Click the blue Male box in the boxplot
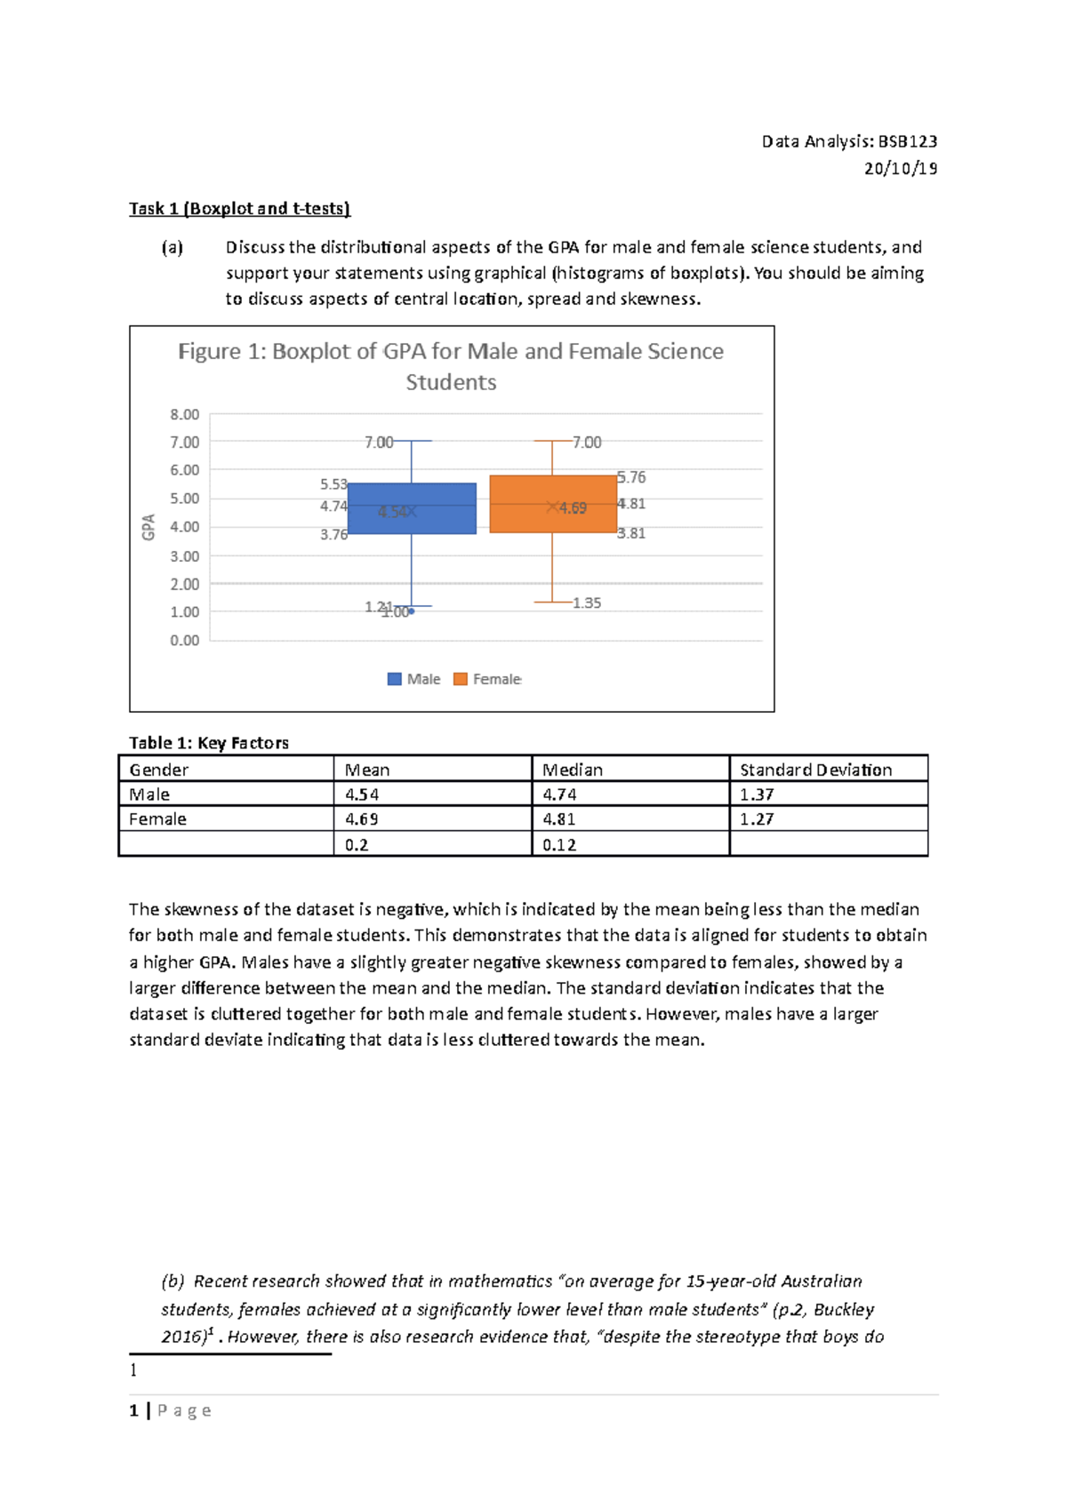(x=412, y=508)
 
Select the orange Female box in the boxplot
(x=553, y=504)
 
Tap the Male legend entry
(x=414, y=679)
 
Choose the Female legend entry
(x=487, y=679)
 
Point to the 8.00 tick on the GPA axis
(x=185, y=414)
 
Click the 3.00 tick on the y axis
(x=185, y=556)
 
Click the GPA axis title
(x=148, y=527)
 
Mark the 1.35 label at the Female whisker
(x=587, y=603)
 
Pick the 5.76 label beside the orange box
(x=631, y=478)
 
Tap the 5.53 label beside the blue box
(x=333, y=484)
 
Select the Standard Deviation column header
(x=815, y=770)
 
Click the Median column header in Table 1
(x=573, y=770)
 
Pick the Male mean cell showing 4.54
(x=362, y=794)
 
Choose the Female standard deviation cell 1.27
(x=757, y=819)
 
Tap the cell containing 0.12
(x=559, y=845)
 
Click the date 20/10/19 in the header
(x=900, y=169)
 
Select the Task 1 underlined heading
(x=240, y=209)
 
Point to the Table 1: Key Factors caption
(x=209, y=743)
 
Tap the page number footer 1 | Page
(x=171, y=1410)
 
